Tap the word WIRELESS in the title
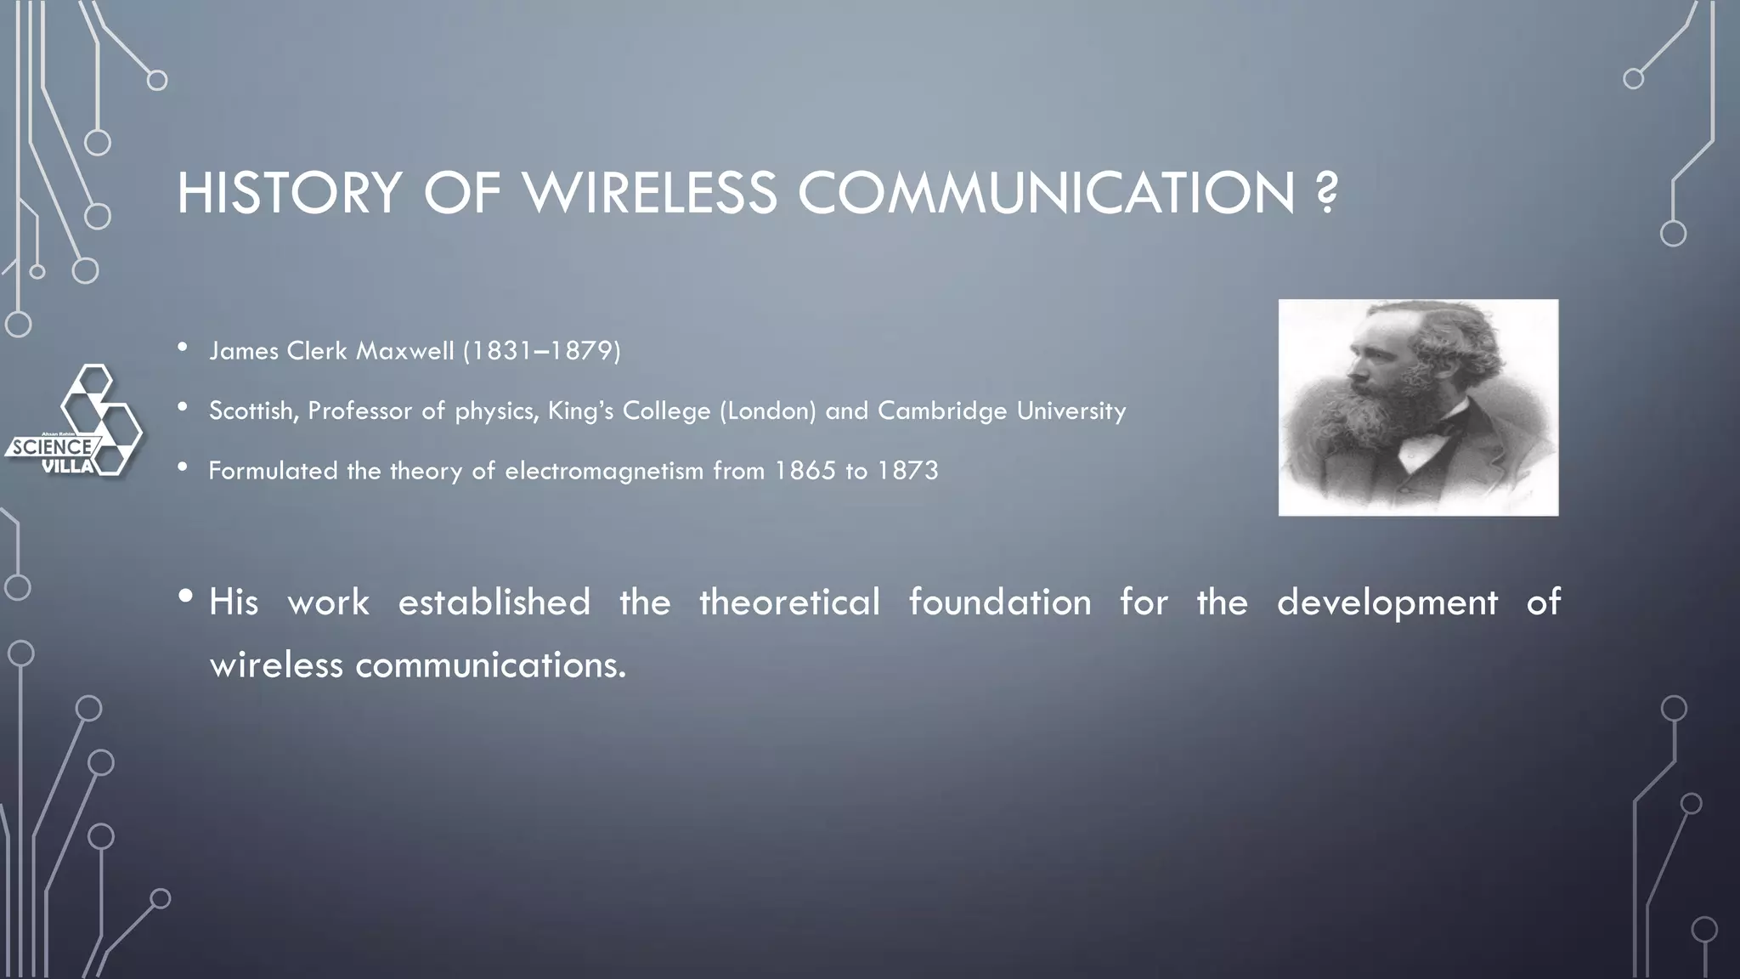(650, 193)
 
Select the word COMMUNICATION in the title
(1046, 193)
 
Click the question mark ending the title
(1325, 193)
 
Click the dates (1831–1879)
(542, 351)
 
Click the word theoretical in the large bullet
(789, 603)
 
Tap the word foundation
(1000, 603)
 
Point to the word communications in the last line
(490, 665)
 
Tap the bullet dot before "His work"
(186, 596)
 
